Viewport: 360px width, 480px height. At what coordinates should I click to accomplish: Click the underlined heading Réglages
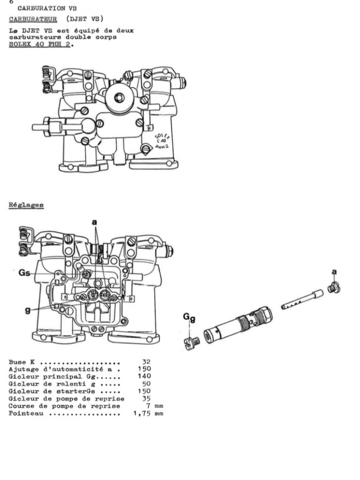tap(26, 205)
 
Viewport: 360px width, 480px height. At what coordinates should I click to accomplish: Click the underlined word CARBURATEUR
tap(33, 19)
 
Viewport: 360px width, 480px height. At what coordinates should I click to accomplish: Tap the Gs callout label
tap(24, 273)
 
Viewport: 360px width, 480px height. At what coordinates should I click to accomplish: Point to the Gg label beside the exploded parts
tap(189, 319)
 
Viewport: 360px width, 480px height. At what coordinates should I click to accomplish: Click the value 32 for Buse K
tap(146, 362)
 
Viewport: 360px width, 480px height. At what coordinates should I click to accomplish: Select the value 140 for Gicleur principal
tap(144, 376)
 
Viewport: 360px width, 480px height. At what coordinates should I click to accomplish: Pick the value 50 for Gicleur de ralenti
tap(146, 384)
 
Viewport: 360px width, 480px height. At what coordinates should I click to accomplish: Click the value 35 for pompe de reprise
tap(146, 398)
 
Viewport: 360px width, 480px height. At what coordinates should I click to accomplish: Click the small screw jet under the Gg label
tap(192, 343)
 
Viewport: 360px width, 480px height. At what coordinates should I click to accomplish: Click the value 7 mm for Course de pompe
tap(152, 406)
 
